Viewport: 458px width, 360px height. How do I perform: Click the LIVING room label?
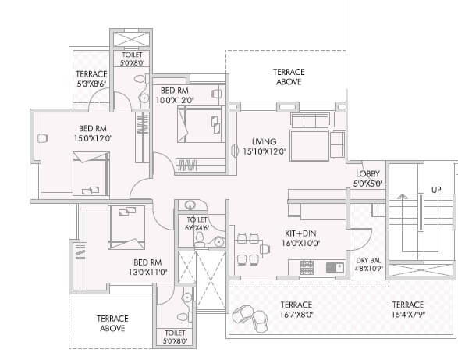pyautogui.click(x=264, y=141)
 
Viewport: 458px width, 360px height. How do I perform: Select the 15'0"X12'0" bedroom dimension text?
pyautogui.click(x=89, y=138)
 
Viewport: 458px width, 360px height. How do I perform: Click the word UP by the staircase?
pyautogui.click(x=437, y=190)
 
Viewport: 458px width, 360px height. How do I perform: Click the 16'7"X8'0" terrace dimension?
pyautogui.click(x=296, y=315)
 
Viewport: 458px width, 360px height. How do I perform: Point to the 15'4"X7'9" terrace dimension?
pyautogui.click(x=407, y=315)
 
